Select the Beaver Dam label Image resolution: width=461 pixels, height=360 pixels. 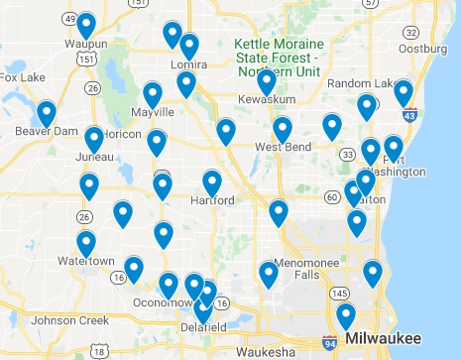pos(40,129)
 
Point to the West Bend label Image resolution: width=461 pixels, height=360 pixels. pos(281,148)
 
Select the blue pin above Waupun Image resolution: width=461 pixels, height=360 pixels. pos(86,26)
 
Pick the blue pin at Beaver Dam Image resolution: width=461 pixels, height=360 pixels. pos(46,113)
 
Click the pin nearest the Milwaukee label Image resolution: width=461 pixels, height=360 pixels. pos(345,316)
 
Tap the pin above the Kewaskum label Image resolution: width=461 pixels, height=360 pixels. pos(266,82)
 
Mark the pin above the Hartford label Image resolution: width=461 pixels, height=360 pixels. pos(211,182)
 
